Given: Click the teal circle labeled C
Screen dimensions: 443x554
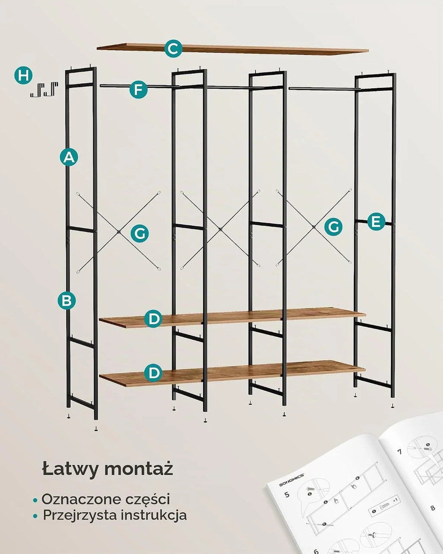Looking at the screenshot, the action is pos(173,48).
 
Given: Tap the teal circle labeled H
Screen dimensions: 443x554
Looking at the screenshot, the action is pos(23,76).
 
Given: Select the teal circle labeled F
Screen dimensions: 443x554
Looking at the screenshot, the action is pos(138,90).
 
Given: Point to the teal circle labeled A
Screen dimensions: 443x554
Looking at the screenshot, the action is pos(69,157).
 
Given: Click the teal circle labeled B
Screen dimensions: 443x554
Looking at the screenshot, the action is pos(67,300).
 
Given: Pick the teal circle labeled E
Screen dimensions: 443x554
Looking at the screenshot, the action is pos(376,221).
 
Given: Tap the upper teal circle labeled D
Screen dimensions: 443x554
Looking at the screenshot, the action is pos(154,319).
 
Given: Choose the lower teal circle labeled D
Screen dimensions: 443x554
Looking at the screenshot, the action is pos(154,372).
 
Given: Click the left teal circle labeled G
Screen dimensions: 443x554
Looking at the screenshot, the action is pos(140,234).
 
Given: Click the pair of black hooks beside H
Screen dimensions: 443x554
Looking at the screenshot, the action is pos(44,90).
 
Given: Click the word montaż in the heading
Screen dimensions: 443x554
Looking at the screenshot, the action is pos(139,469).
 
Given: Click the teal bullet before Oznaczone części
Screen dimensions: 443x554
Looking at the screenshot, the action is pos(35,500).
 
